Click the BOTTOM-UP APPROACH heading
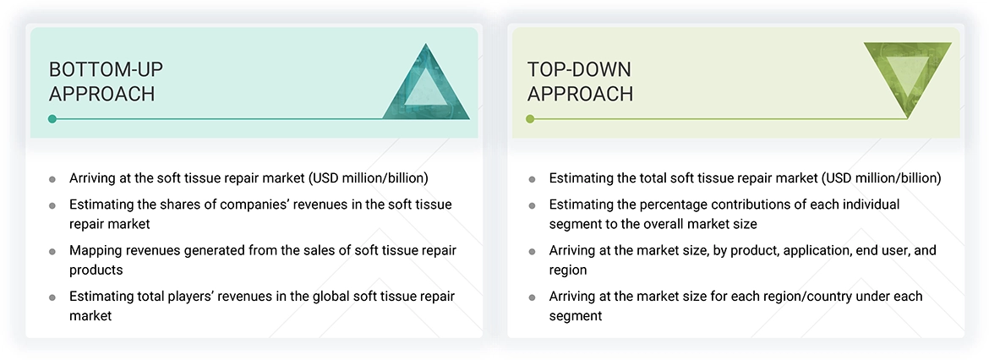101,81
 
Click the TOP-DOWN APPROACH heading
580,81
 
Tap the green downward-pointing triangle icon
907,77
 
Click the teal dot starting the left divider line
52,119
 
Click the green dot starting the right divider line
530,119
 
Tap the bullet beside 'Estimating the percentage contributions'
532,205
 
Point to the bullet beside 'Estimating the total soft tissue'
532,179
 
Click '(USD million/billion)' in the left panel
369,178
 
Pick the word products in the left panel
96,270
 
